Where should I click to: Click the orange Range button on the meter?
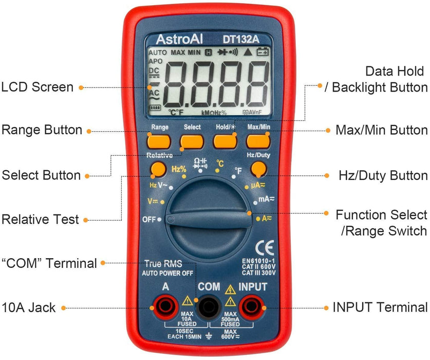tap(159, 141)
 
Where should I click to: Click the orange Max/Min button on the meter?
tap(258, 141)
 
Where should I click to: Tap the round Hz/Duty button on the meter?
tap(258, 169)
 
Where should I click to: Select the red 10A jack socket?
tap(165, 307)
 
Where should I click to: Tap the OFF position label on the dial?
tap(148, 220)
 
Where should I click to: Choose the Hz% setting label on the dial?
tap(179, 168)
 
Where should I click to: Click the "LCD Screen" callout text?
tap(38, 87)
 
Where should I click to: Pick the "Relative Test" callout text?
tap(41, 220)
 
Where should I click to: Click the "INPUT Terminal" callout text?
tap(380, 308)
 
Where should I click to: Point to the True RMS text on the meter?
tap(163, 264)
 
